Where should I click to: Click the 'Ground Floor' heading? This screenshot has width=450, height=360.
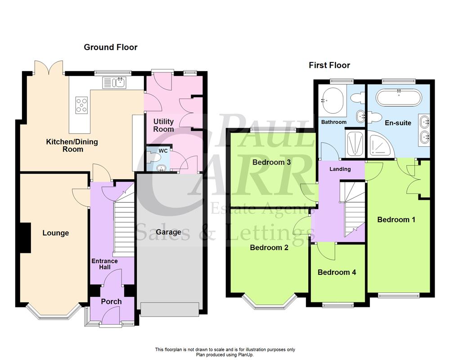point(111,47)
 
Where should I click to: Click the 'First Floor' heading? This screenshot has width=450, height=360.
point(329,65)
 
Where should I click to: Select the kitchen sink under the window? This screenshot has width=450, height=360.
point(114,82)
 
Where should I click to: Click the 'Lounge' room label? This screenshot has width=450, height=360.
point(56,233)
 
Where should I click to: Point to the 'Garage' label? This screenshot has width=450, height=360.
point(168,232)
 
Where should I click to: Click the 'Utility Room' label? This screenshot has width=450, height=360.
point(163,126)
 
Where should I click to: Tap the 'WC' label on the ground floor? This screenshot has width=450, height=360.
point(156,151)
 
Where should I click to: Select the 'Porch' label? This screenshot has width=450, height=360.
point(111,301)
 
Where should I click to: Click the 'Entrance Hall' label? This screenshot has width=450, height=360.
point(104,264)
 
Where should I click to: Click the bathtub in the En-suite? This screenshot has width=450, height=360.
point(399,96)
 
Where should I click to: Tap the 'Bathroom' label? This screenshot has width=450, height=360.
point(333,122)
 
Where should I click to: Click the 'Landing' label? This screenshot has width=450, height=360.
point(341,169)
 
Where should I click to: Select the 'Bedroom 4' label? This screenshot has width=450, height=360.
point(337,272)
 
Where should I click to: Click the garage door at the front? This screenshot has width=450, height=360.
point(169,310)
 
